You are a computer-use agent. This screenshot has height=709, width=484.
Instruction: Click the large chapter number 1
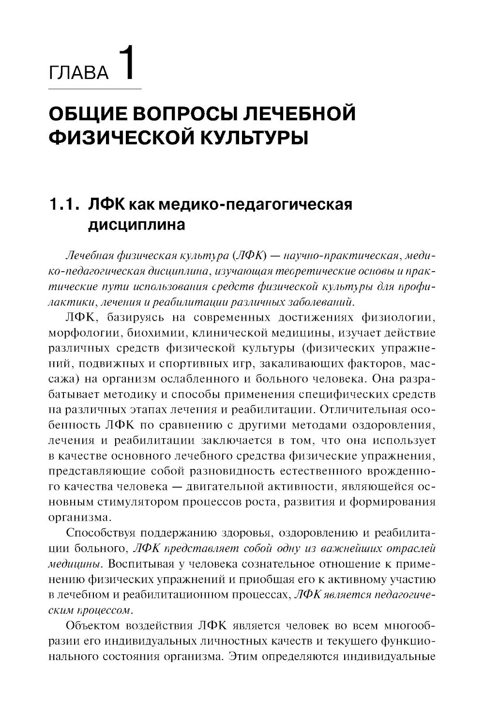point(125,63)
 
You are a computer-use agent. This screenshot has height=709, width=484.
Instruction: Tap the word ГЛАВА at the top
point(79,73)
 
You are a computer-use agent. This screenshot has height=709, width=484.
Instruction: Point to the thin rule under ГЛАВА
point(95,89)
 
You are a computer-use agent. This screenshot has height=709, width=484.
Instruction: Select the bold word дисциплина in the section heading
point(136,225)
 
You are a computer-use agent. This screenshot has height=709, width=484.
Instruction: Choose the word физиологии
point(398,318)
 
